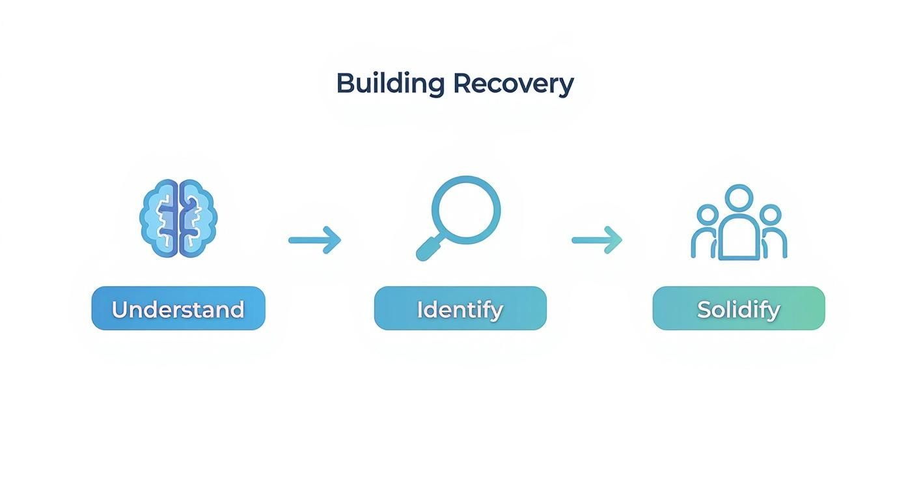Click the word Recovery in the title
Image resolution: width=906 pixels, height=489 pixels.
pos(513,84)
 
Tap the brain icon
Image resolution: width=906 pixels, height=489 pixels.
pos(178,218)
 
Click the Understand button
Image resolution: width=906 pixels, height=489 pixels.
pos(178,308)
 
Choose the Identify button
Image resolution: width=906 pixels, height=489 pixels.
pos(460,308)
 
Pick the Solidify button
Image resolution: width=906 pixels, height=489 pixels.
pos(739,308)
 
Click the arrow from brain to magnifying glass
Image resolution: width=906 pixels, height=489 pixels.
pos(314,240)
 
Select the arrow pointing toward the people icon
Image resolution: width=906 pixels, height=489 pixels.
pos(597,240)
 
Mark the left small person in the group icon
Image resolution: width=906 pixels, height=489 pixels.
pos(706,231)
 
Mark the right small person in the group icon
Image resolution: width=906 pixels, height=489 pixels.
pos(772,231)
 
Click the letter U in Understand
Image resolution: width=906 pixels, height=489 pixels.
pos(119,309)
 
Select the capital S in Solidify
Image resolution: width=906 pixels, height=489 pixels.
pos(704,309)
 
